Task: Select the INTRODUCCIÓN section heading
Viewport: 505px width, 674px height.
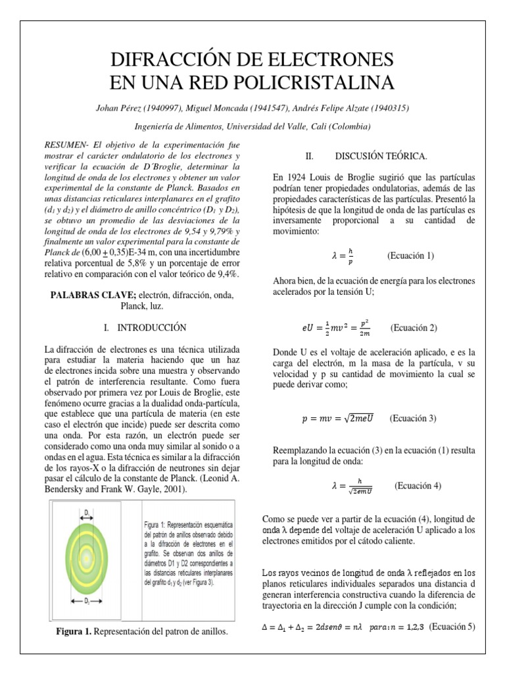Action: tap(152, 327)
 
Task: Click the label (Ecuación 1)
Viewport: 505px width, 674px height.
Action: tap(411, 255)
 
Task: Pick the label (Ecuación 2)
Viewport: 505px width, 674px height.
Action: tap(414, 327)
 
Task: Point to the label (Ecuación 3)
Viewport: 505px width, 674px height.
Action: tap(414, 418)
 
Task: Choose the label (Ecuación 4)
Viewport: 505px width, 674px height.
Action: tap(418, 486)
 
